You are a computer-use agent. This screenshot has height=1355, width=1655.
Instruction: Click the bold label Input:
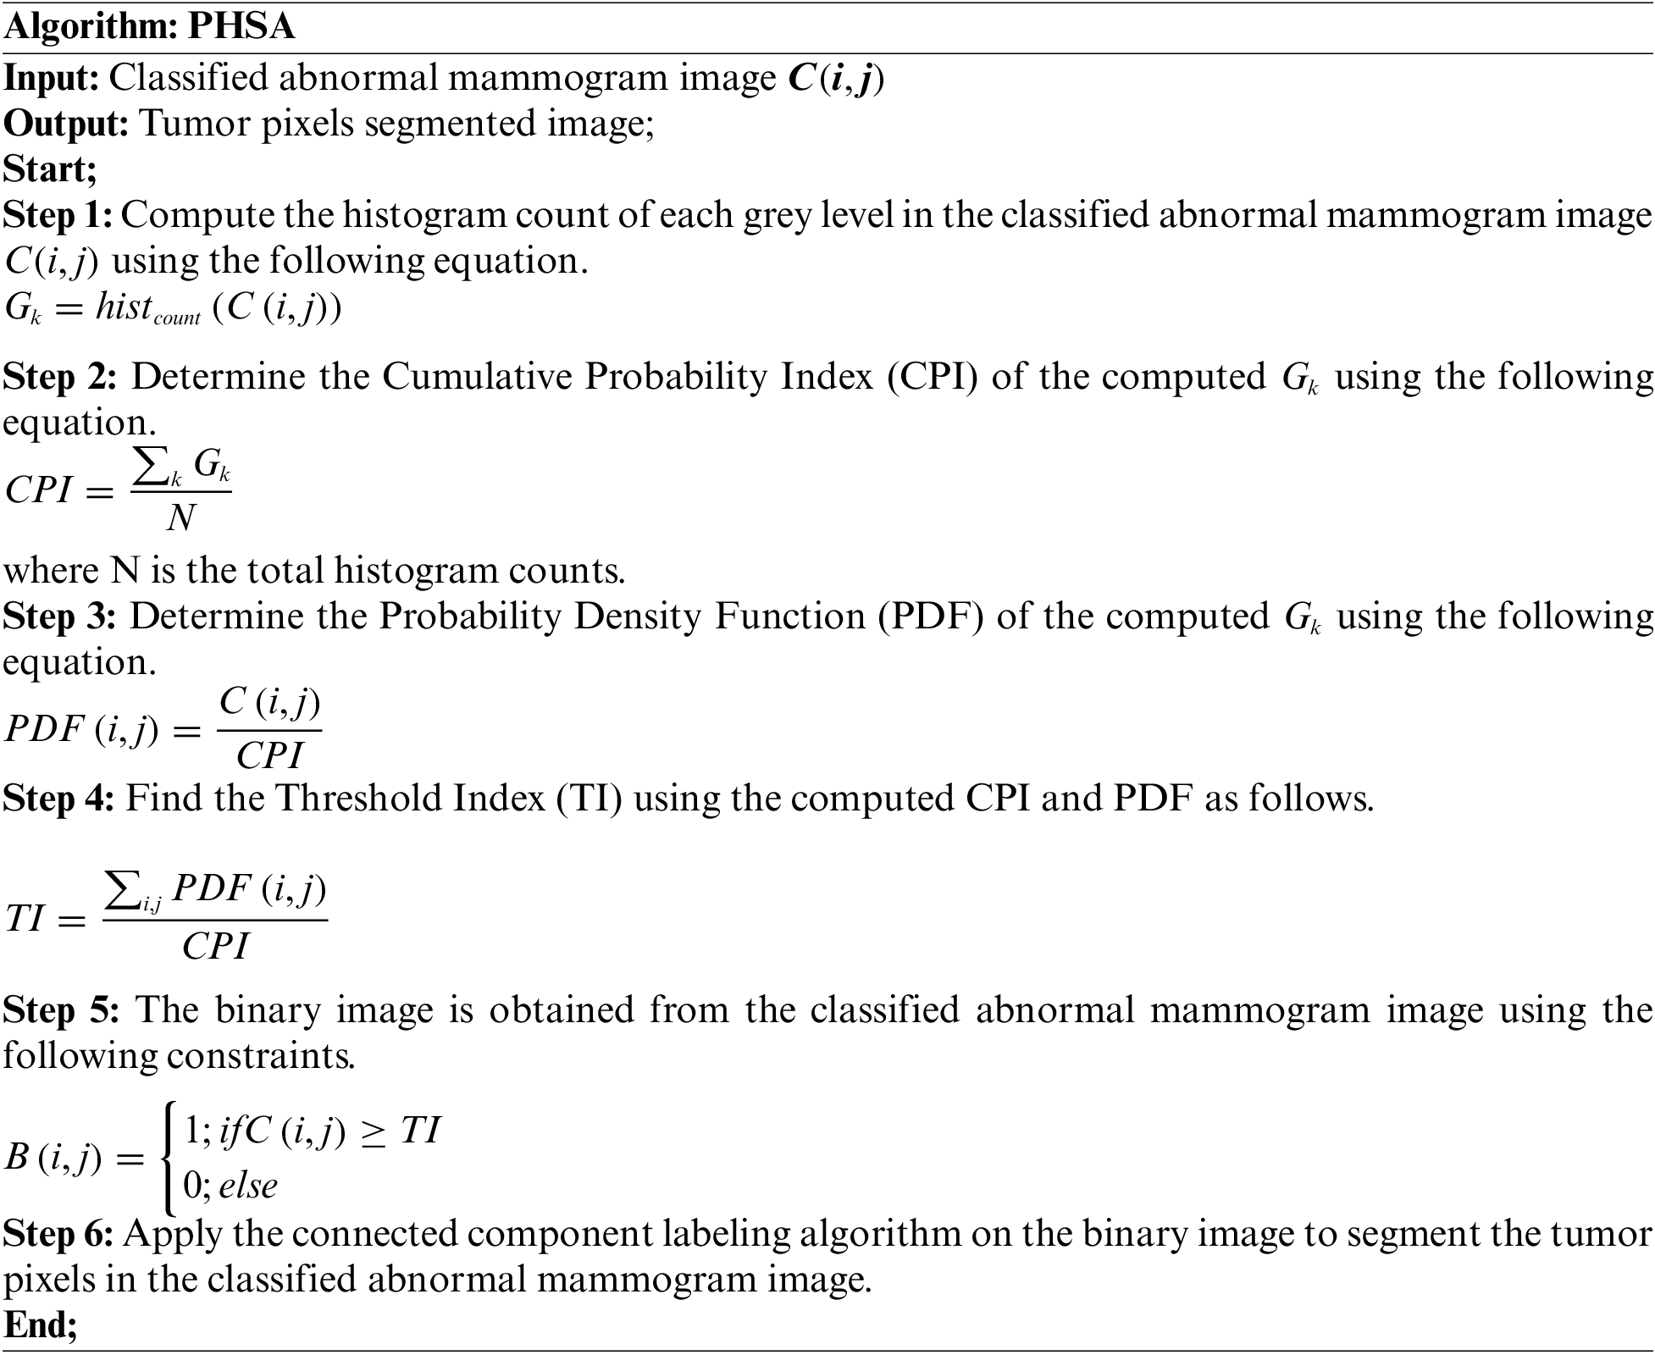(52, 78)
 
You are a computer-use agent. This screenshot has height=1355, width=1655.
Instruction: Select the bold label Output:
(65, 124)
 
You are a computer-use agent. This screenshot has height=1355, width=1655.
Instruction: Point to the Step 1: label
(57, 215)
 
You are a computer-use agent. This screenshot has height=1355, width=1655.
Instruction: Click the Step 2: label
(59, 376)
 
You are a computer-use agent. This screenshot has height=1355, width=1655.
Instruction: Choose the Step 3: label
(59, 617)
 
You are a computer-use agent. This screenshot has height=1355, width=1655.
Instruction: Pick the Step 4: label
(58, 798)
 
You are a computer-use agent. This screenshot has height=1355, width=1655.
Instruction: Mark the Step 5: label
(62, 1009)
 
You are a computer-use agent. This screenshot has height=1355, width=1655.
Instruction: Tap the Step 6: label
(58, 1234)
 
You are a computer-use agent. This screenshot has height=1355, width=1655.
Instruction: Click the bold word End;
(40, 1325)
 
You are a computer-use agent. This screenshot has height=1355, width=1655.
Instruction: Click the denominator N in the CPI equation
(180, 517)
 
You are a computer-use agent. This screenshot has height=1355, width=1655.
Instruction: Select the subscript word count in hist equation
(177, 318)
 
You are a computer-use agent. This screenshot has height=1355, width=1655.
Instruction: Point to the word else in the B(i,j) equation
(247, 1185)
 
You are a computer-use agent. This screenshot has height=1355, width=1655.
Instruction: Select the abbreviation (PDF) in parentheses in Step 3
(930, 617)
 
